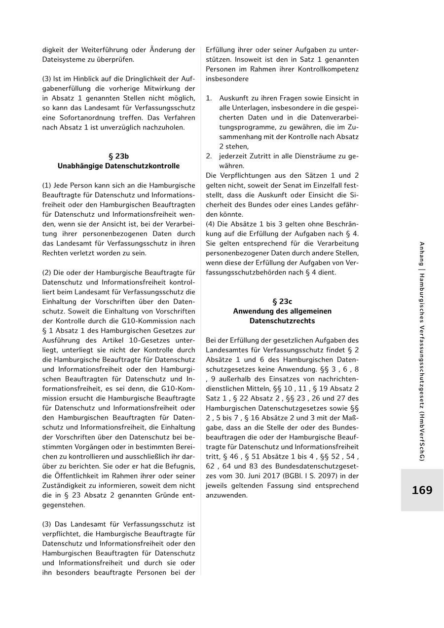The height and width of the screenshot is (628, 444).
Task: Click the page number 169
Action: point(422,490)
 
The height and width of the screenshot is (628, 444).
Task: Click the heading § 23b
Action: point(118,156)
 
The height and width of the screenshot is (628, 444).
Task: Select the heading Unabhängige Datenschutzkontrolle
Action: point(118,166)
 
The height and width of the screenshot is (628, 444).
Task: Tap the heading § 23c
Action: point(282,301)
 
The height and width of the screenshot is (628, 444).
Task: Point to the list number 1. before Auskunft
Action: point(209,98)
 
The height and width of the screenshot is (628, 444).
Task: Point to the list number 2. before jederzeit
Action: point(209,156)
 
